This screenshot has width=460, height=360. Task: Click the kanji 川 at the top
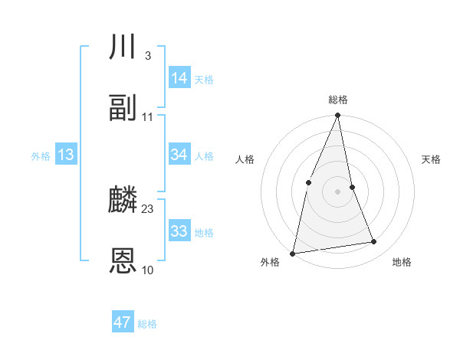(123, 47)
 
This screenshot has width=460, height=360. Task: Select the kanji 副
(123, 108)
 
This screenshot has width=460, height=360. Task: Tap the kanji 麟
(123, 201)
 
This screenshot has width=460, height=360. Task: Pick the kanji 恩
(123, 261)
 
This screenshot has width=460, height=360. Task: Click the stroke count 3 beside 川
(147, 55)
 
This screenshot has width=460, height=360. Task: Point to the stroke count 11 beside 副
(148, 116)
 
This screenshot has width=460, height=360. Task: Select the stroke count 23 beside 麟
(148, 208)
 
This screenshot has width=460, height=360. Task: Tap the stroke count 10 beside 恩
(148, 270)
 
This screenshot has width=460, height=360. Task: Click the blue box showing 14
(179, 77)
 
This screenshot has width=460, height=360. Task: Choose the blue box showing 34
(179, 154)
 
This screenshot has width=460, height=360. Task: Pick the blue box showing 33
(179, 231)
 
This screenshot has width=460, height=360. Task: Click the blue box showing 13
(66, 155)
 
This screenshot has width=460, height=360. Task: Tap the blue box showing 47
(123, 322)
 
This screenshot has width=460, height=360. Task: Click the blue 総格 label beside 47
(147, 324)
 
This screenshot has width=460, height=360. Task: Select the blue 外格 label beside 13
(41, 156)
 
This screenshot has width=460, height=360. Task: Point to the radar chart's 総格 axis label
(338, 100)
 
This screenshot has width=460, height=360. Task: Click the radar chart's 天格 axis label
(432, 159)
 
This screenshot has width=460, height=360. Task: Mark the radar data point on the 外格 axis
(292, 253)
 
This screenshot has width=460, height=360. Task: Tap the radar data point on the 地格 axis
(374, 242)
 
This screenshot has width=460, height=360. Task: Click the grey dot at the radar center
(338, 191)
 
